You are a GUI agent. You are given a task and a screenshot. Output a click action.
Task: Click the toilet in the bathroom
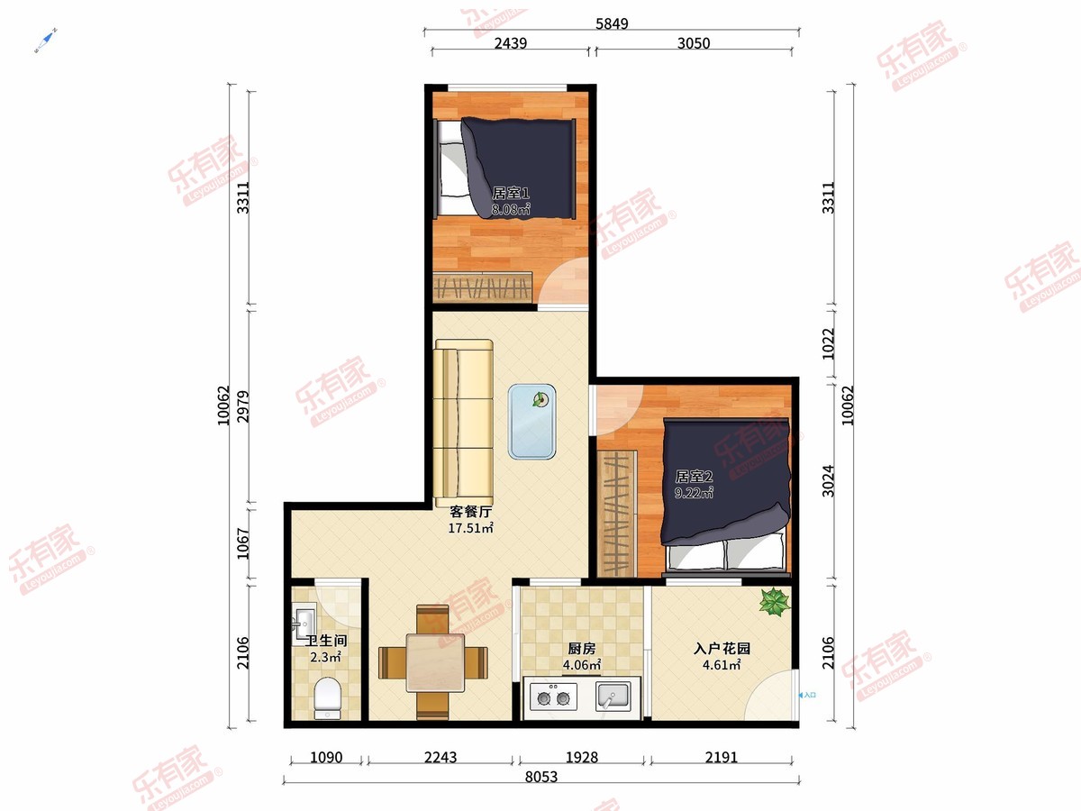point(328,698)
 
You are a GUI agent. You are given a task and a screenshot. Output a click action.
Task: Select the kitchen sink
point(613,697)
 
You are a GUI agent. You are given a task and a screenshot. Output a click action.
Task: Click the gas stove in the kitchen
point(553,697)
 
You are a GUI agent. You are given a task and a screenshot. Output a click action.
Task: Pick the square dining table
point(435,662)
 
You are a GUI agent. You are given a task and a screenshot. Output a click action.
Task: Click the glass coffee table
point(531,422)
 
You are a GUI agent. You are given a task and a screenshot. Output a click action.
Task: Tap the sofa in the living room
point(463,423)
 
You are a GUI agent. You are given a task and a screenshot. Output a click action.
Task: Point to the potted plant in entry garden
point(775,602)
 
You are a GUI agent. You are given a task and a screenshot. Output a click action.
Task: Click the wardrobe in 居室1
point(483,287)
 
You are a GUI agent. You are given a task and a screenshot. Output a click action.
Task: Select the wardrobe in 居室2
point(616,513)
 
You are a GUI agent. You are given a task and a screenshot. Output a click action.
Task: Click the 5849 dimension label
point(612,23)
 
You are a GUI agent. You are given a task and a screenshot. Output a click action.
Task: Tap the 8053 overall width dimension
point(540,777)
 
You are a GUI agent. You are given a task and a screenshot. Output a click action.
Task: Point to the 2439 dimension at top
point(511,43)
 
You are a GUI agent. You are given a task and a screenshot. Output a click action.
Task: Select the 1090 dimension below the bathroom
point(326,757)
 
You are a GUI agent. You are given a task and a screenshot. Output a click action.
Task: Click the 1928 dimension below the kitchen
point(582,757)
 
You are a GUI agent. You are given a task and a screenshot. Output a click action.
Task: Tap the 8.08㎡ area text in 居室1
point(511,209)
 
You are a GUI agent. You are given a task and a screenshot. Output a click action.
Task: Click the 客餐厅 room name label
point(471,512)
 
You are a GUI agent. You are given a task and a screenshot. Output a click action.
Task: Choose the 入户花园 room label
point(722,648)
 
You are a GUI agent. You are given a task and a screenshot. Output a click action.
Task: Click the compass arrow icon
point(46,41)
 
